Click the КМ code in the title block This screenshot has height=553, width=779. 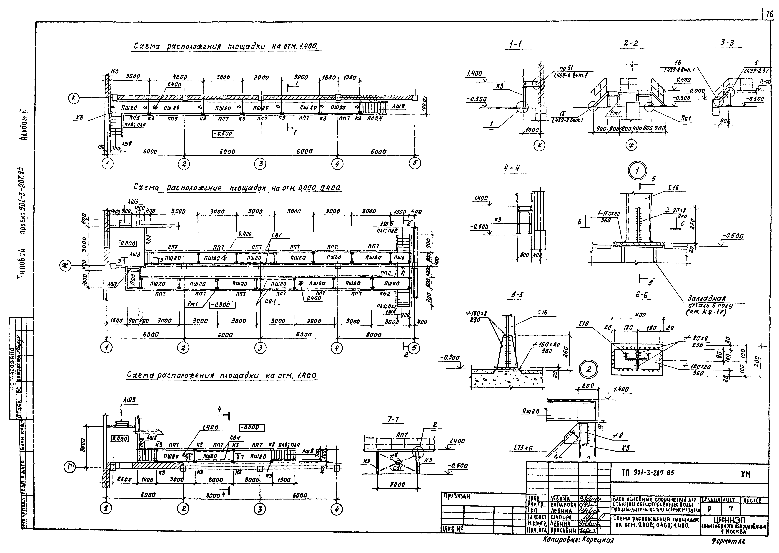click(746, 474)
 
